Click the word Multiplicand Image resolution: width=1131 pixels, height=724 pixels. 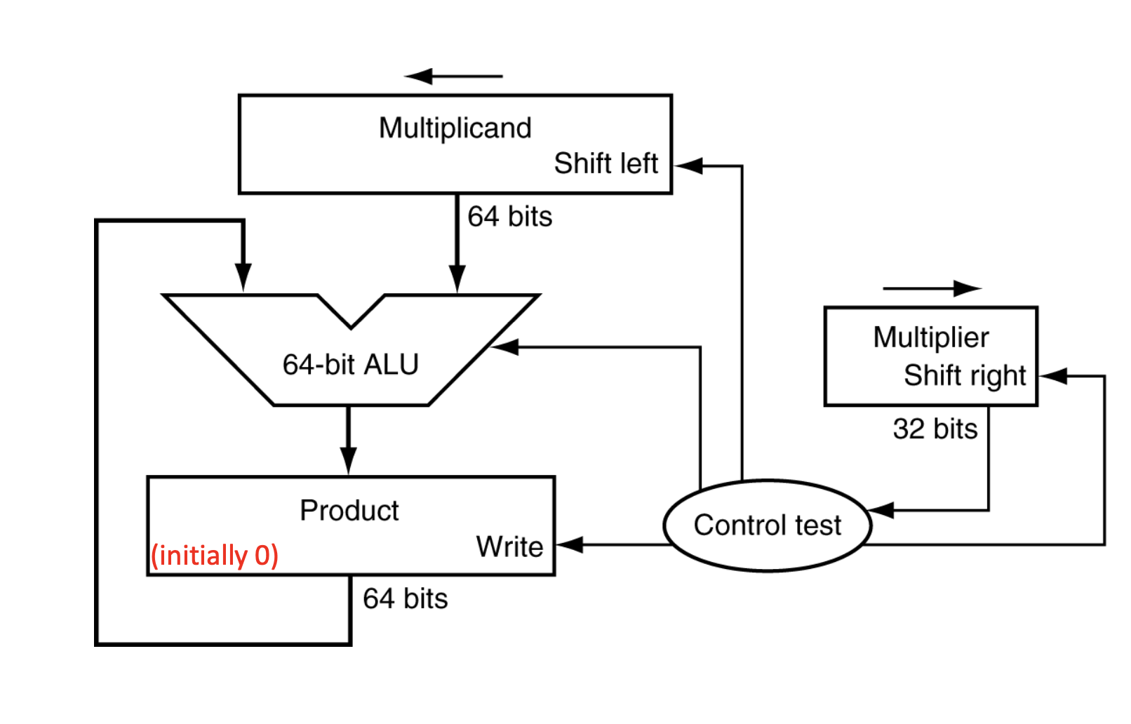455,128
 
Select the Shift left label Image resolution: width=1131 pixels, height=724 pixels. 605,163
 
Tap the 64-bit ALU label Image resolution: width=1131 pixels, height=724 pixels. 350,365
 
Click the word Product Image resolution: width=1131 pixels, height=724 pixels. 349,511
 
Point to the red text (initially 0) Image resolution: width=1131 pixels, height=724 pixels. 215,555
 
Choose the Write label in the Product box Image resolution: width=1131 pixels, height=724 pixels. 509,547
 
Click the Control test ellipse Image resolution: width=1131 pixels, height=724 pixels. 767,525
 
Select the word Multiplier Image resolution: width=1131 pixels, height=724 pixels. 930,337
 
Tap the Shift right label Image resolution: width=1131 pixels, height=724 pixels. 965,375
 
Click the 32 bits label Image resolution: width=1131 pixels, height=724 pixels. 935,429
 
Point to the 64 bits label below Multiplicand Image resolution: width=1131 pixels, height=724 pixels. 509,217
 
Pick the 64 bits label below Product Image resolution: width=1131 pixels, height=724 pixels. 405,599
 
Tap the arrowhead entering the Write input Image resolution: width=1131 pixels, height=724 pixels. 569,544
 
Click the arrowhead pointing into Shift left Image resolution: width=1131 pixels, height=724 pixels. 688,166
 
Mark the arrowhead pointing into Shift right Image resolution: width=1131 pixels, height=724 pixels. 1053,376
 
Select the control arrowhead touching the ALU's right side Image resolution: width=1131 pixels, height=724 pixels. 505,347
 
